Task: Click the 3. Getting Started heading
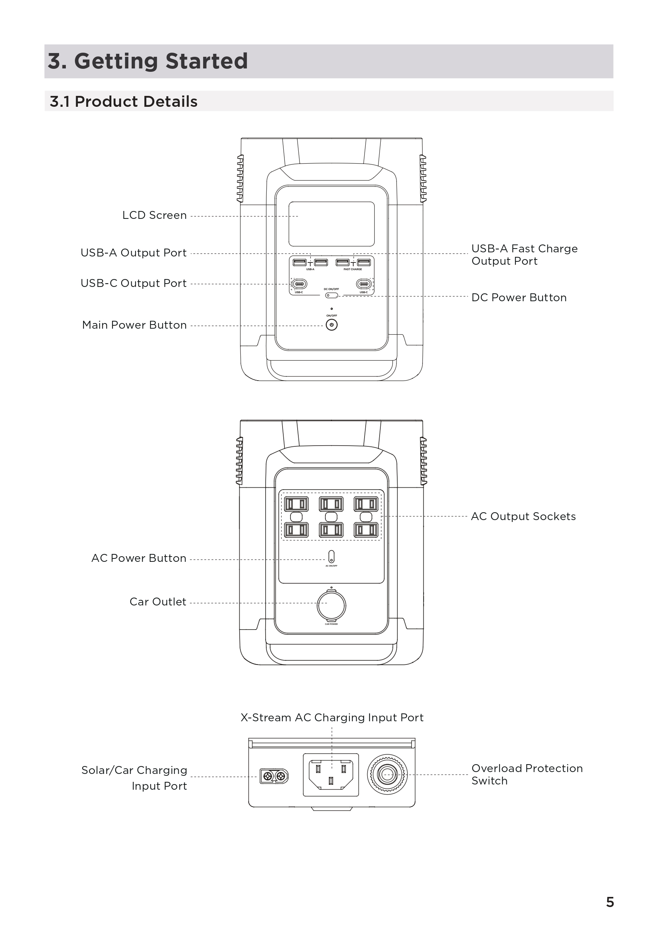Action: click(147, 61)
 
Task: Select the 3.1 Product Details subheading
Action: click(123, 101)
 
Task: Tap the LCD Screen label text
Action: click(155, 215)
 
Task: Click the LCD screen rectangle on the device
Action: click(331, 223)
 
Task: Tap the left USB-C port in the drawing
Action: click(299, 284)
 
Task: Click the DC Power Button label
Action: click(518, 297)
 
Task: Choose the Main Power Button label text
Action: click(134, 325)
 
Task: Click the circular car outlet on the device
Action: click(331, 605)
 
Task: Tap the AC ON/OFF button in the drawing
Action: click(331, 556)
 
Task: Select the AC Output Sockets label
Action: click(523, 516)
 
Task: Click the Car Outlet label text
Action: click(158, 602)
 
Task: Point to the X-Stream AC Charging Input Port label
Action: click(332, 718)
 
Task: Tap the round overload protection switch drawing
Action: click(387, 775)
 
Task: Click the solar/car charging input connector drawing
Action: click(274, 776)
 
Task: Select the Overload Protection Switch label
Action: click(527, 775)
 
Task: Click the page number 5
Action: click(609, 902)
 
